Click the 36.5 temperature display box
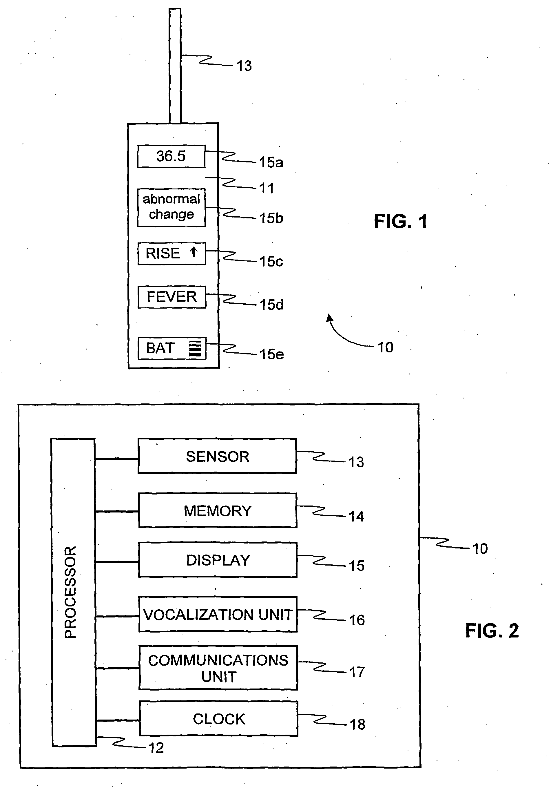tap(171, 156)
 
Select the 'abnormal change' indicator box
tap(171, 207)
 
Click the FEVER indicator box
tap(172, 297)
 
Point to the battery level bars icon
tap(195, 349)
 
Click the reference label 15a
tap(271, 162)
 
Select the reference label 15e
tap(271, 354)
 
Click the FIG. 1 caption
tap(400, 221)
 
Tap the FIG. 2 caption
tap(492, 631)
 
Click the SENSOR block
tap(217, 456)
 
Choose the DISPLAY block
tap(218, 560)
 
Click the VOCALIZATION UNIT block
tap(218, 614)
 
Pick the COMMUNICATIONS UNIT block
tap(218, 668)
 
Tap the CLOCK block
tap(219, 719)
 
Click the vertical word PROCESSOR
tap(71, 592)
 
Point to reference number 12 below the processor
tap(156, 748)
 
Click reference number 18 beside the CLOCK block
tap(357, 724)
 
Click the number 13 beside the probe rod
tap(244, 66)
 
